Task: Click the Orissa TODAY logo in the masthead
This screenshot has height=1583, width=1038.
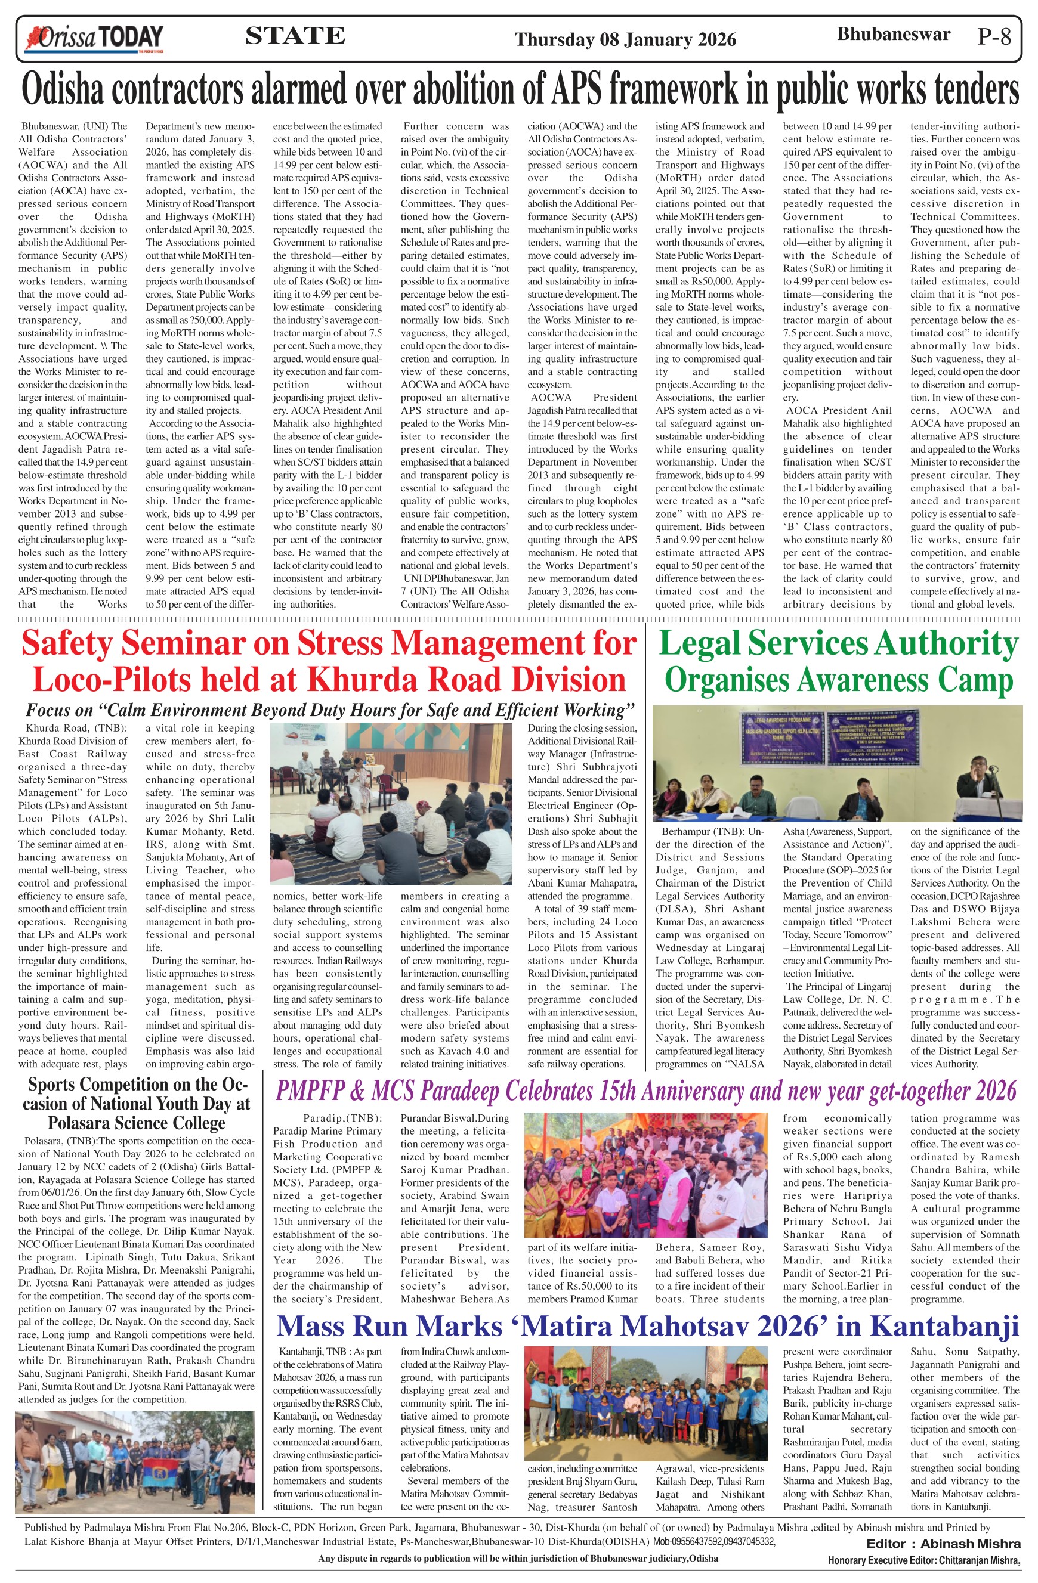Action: [93, 38]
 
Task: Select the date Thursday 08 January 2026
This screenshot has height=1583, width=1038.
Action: [625, 39]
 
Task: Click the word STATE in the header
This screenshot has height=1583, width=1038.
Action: [295, 35]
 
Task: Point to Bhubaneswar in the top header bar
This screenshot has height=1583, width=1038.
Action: [893, 34]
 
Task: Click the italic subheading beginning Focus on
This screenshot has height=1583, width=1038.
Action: [330, 710]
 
